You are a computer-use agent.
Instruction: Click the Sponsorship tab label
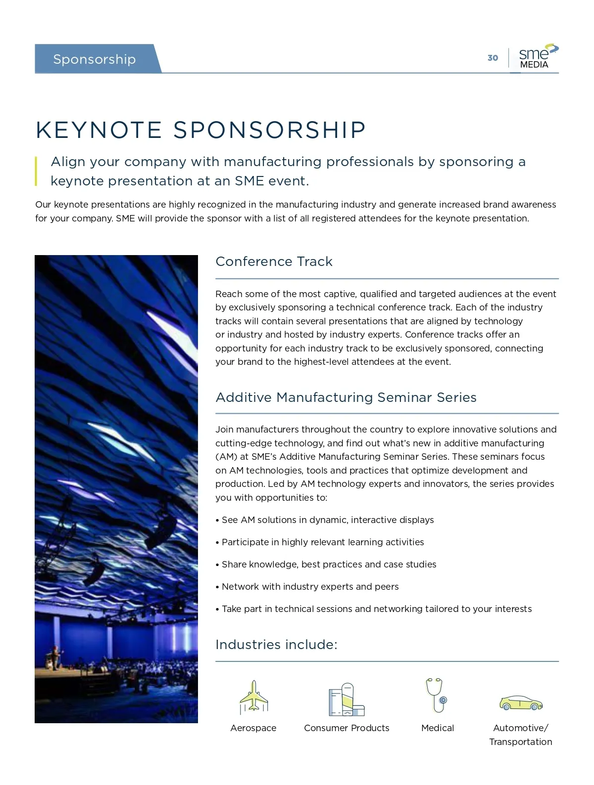coord(94,59)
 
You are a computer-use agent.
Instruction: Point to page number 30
coord(493,58)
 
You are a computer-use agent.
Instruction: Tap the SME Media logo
coord(538,57)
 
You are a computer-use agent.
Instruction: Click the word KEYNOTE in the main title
coord(99,130)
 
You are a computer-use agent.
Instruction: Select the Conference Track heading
coord(274,262)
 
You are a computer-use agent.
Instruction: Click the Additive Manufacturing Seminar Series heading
coord(346,397)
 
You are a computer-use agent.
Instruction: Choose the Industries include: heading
coord(276,645)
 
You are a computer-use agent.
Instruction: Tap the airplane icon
coord(253,697)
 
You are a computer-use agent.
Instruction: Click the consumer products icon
coord(346,699)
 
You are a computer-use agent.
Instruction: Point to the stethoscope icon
coord(437,695)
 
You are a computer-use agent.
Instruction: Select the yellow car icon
coord(521,702)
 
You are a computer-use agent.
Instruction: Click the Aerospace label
coord(253,728)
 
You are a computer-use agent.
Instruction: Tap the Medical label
coord(438,728)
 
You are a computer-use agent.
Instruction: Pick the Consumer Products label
coord(346,728)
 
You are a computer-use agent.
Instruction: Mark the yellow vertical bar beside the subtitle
coord(36,171)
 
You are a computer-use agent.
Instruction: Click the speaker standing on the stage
coord(56,654)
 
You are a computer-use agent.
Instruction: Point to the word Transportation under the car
coord(521,742)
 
